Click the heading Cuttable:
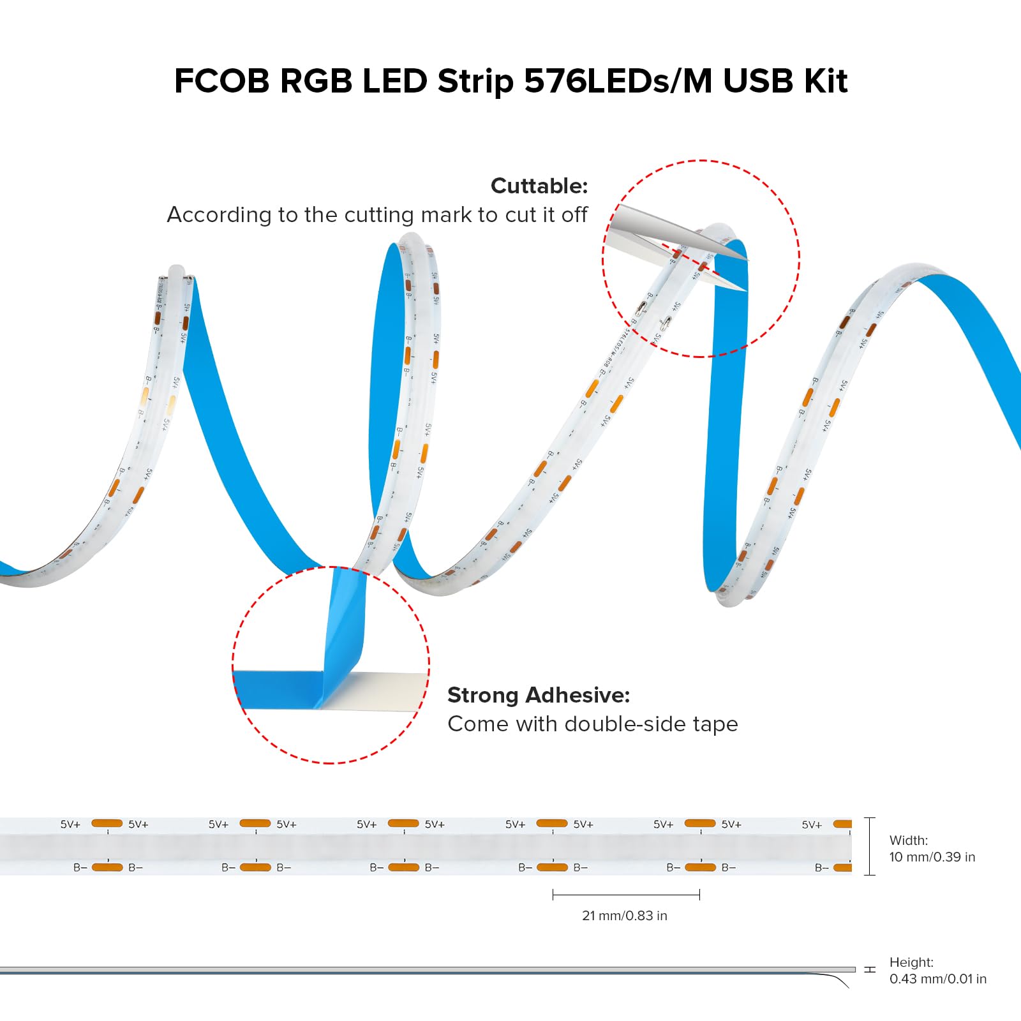pyautogui.click(x=539, y=186)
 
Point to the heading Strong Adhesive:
pyautogui.click(x=539, y=695)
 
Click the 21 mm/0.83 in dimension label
pyautogui.click(x=624, y=916)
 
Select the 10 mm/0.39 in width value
pyautogui.click(x=932, y=857)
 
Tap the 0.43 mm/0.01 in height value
pyautogui.click(x=937, y=979)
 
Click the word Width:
pyautogui.click(x=909, y=840)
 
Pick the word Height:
pyautogui.click(x=911, y=962)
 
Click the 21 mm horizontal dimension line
pyautogui.click(x=626, y=895)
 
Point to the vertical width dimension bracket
pyautogui.click(x=869, y=846)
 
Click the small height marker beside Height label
pyautogui.click(x=870, y=970)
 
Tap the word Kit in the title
pyautogui.click(x=826, y=82)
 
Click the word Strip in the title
pyautogui.click(x=475, y=82)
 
